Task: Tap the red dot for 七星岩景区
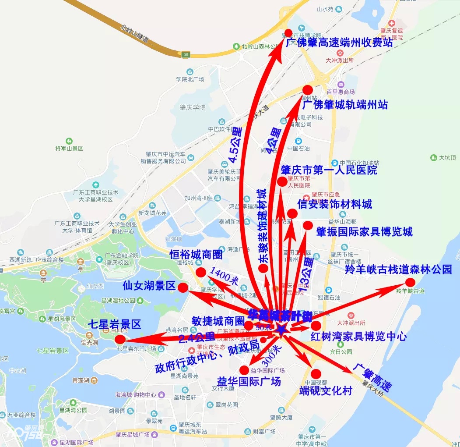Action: pyautogui.click(x=120, y=340)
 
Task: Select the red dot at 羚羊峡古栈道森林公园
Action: pyautogui.click(x=410, y=282)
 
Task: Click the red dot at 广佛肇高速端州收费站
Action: pyautogui.click(x=288, y=33)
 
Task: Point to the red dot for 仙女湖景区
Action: pyautogui.click(x=183, y=287)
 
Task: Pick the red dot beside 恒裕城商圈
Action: pyautogui.click(x=201, y=272)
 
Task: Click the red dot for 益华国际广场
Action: pyautogui.click(x=244, y=370)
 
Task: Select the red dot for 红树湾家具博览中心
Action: pyautogui.click(x=316, y=326)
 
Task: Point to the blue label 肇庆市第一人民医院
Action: pyautogui.click(x=329, y=170)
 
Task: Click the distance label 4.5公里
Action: pyautogui.click(x=235, y=145)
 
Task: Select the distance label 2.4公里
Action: pyautogui.click(x=197, y=337)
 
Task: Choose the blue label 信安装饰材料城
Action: pyautogui.click(x=335, y=204)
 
